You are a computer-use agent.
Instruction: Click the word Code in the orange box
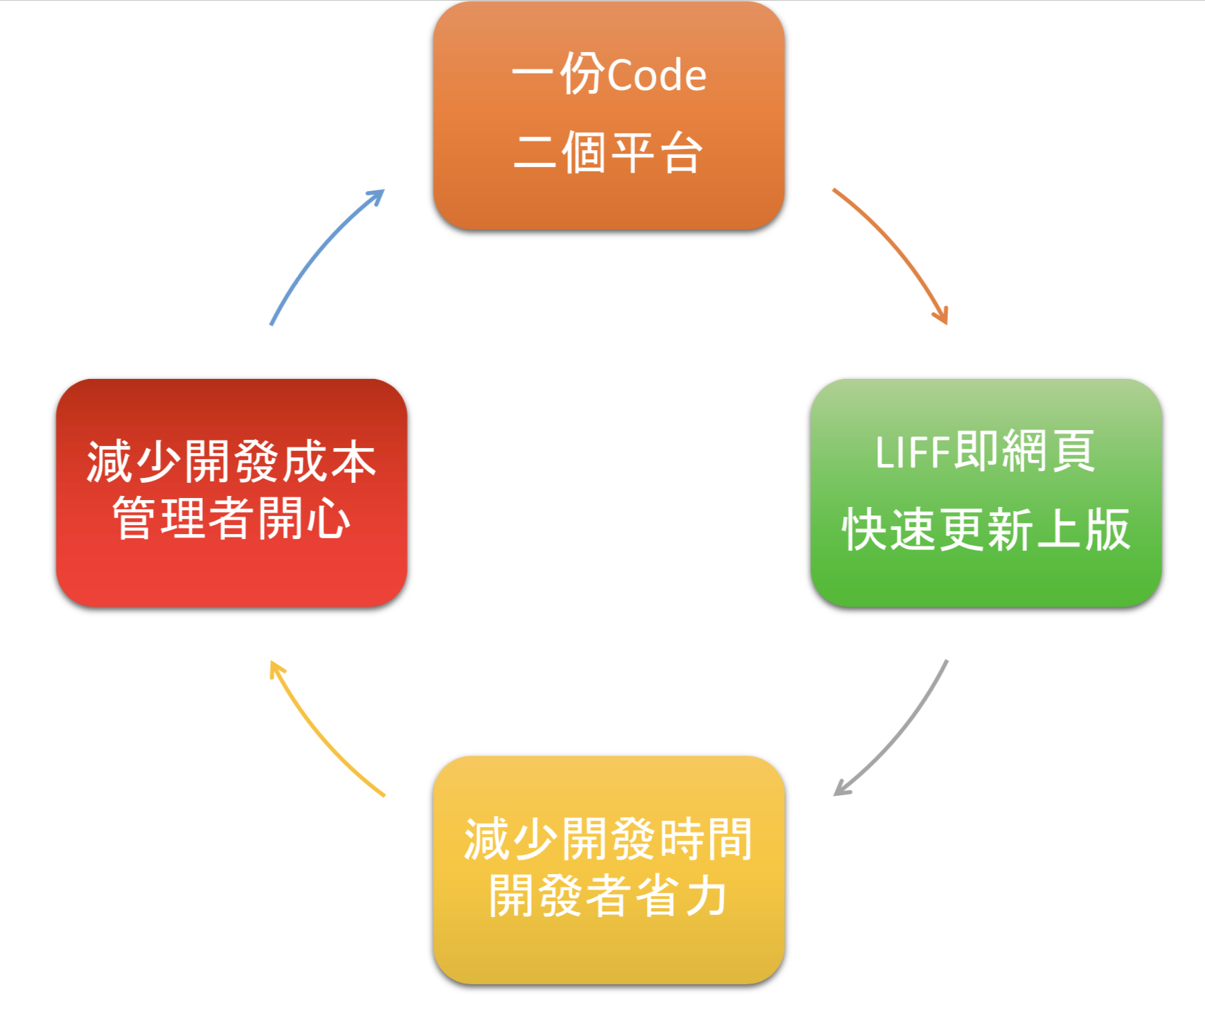(657, 75)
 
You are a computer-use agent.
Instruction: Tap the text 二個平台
(608, 152)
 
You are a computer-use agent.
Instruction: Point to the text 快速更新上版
(986, 529)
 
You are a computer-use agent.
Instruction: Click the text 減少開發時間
(608, 839)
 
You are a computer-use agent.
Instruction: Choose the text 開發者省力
(608, 896)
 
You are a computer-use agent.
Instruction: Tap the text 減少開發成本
(231, 461)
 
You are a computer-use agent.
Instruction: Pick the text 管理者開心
(231, 518)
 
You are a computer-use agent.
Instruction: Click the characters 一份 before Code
(558, 73)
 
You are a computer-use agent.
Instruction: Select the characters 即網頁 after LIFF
(1024, 451)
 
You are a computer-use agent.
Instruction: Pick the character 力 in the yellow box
(705, 896)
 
